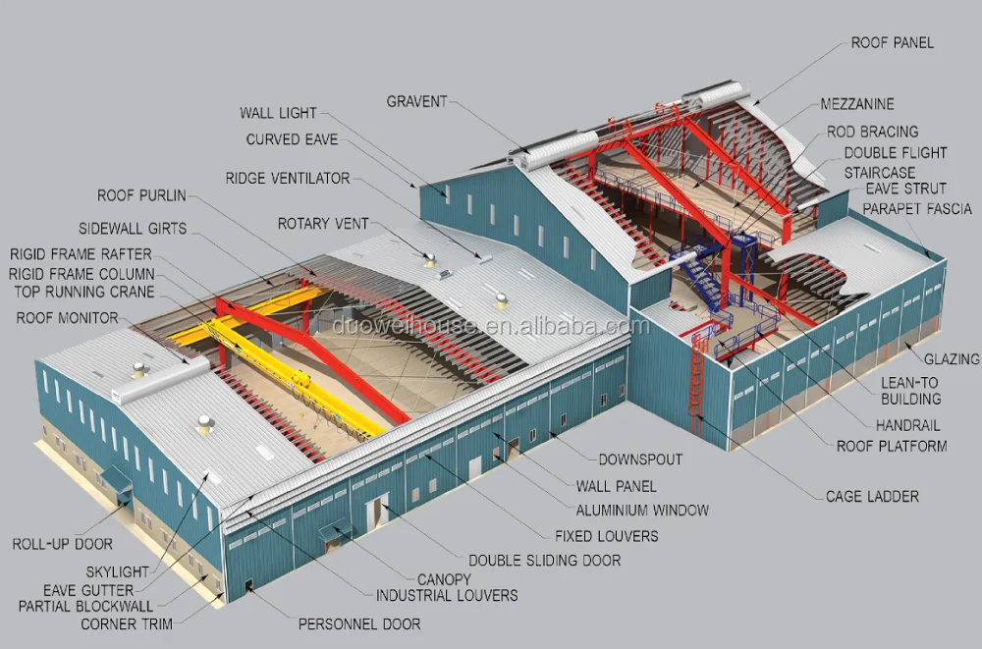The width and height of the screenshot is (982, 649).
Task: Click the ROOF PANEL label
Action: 892,42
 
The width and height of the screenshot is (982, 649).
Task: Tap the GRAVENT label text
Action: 416,101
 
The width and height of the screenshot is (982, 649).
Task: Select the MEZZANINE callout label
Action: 856,104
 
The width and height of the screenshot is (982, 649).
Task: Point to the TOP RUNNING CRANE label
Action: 83,292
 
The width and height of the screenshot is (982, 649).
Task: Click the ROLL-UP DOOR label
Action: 63,544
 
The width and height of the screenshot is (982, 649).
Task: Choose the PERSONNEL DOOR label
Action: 358,623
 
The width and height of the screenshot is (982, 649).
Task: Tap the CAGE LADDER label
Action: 872,497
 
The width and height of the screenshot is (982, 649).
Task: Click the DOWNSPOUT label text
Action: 640,460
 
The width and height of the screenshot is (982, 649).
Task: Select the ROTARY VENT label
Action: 323,224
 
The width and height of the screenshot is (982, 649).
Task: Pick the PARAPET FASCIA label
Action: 917,208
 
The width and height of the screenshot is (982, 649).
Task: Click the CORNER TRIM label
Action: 126,623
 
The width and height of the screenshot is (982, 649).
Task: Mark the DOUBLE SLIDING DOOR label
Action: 544,560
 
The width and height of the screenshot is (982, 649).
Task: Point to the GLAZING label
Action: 952,359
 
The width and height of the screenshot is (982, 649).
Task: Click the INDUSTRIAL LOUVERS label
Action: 447,595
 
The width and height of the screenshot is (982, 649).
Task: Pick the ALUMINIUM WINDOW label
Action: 642,511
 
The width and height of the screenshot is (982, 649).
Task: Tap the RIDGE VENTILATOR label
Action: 288,179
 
